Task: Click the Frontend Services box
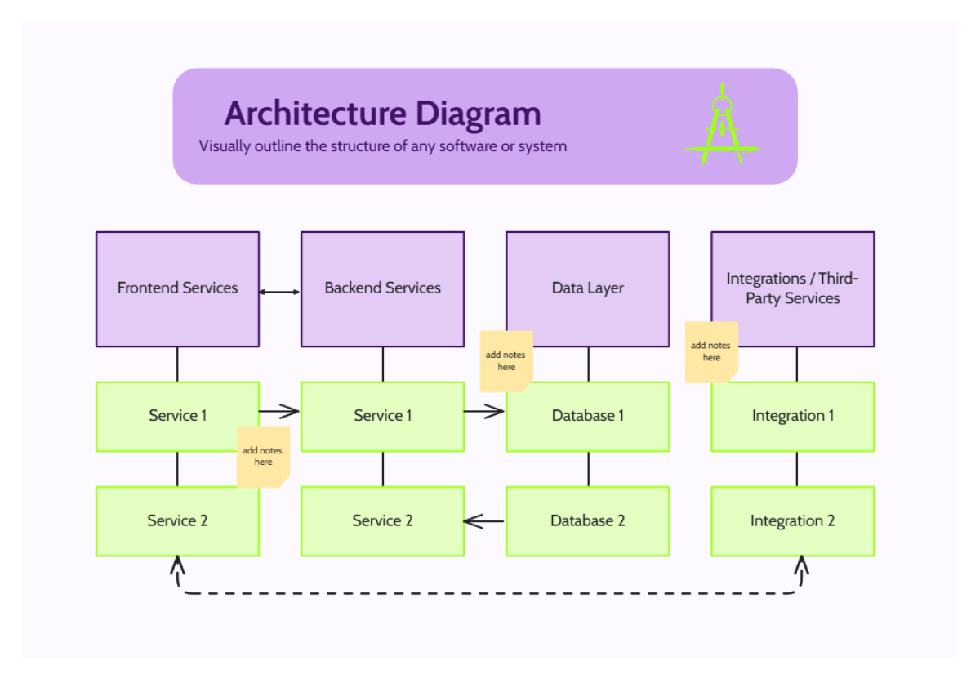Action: pos(177,288)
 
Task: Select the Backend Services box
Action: pos(382,288)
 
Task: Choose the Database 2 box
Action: pos(587,521)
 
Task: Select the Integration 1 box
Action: pos(792,417)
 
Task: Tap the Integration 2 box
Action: pos(792,521)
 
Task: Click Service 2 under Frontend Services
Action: pos(177,521)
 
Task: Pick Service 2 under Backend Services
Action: pos(382,521)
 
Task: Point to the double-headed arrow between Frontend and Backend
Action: pos(279,292)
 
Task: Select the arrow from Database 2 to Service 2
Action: pos(484,520)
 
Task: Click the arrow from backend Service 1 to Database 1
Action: pos(484,411)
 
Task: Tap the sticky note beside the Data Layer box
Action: pos(506,360)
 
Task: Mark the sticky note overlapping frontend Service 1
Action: pos(263,456)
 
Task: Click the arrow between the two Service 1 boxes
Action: pos(279,411)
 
